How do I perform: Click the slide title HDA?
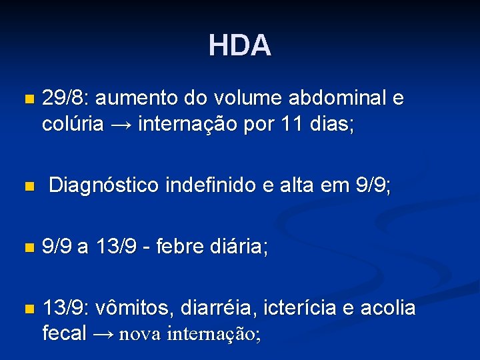(239, 45)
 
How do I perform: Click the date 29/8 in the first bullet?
(65, 99)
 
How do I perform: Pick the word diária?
(241, 248)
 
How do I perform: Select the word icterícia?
(304, 309)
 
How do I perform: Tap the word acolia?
(389, 309)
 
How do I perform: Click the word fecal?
(64, 334)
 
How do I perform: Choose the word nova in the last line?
(140, 335)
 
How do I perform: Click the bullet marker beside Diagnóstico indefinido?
(27, 187)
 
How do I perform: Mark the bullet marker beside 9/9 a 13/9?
(27, 249)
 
